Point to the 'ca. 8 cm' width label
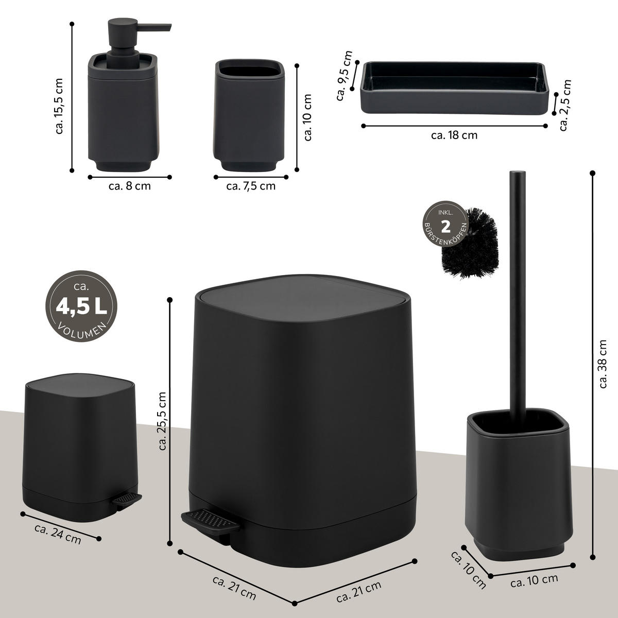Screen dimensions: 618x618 pyautogui.click(x=130, y=186)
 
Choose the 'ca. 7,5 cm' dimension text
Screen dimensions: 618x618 pyautogui.click(x=251, y=186)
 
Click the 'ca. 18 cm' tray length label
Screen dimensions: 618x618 pyautogui.click(x=454, y=136)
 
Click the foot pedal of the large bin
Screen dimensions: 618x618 pyautogui.click(x=208, y=521)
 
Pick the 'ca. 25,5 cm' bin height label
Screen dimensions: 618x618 pyautogui.click(x=163, y=421)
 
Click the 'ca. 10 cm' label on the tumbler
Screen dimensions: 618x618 pyautogui.click(x=308, y=117)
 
